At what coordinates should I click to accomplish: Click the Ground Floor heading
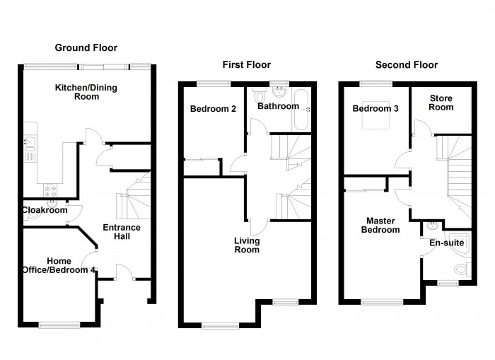(86, 47)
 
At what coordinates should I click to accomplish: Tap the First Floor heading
(247, 65)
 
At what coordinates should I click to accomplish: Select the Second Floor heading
(407, 65)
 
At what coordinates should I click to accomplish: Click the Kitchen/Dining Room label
(86, 92)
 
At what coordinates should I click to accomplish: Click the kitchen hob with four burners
(50, 190)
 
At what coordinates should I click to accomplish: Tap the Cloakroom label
(45, 210)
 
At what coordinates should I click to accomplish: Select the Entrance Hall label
(122, 232)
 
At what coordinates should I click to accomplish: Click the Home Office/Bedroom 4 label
(59, 265)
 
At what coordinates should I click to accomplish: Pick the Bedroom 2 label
(213, 109)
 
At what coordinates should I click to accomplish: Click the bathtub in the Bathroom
(301, 110)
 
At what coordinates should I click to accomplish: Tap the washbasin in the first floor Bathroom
(279, 91)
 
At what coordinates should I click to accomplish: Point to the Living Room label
(247, 245)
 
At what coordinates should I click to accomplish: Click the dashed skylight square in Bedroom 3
(375, 115)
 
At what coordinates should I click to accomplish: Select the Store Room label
(441, 103)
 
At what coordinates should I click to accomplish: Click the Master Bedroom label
(380, 225)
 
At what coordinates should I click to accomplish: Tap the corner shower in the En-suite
(458, 244)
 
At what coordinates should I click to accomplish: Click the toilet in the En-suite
(462, 269)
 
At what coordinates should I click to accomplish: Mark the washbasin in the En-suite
(432, 226)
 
